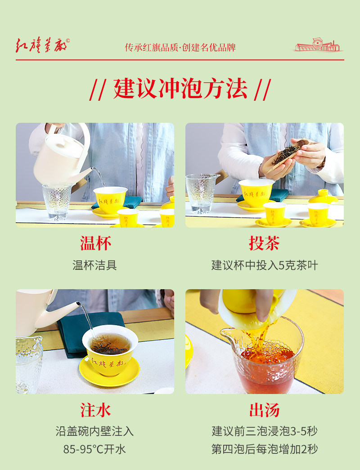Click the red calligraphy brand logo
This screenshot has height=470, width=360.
[x=42, y=45]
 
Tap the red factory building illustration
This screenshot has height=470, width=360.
[x=318, y=45]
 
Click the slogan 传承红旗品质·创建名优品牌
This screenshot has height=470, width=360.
[x=180, y=47]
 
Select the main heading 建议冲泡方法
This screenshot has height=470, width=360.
[x=180, y=89]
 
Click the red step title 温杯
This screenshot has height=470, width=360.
[x=95, y=243]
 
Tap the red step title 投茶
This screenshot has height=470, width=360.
[x=264, y=243]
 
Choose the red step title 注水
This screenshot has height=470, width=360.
[x=95, y=410]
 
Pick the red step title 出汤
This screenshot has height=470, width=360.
[x=264, y=410]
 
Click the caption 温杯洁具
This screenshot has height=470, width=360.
[x=94, y=265]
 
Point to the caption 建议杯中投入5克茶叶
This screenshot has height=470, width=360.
[x=265, y=265]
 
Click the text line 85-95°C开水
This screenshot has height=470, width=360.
[x=94, y=449]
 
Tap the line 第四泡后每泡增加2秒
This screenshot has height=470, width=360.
[x=265, y=449]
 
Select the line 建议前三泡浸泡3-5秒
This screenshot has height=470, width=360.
[x=265, y=431]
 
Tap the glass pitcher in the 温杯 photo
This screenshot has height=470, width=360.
[x=57, y=201]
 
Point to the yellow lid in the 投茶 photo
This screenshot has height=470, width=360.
[x=323, y=197]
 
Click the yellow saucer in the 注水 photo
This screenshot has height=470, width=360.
[x=109, y=372]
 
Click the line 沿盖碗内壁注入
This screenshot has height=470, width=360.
[x=94, y=431]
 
